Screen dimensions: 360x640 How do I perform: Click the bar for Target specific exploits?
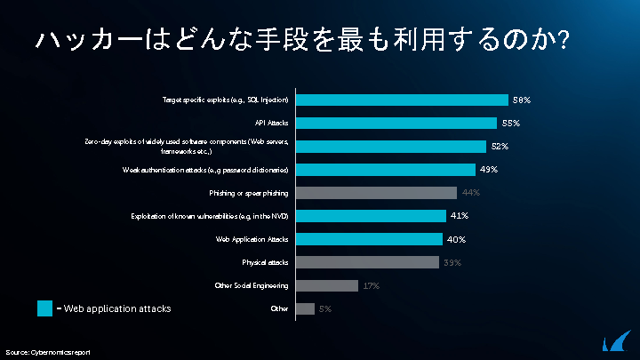point(401,100)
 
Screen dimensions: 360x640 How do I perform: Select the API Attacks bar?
point(396,123)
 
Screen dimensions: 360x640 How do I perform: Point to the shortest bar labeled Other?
point(304,308)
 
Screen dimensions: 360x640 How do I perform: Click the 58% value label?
point(522,100)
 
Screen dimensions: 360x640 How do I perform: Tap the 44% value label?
point(470,193)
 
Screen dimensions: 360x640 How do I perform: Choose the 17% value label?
point(371,286)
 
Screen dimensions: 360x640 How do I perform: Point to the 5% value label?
point(325,309)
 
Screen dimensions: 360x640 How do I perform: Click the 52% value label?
point(500,147)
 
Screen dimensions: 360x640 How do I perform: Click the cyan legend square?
point(45,308)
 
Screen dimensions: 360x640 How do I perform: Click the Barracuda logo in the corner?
point(616,341)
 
